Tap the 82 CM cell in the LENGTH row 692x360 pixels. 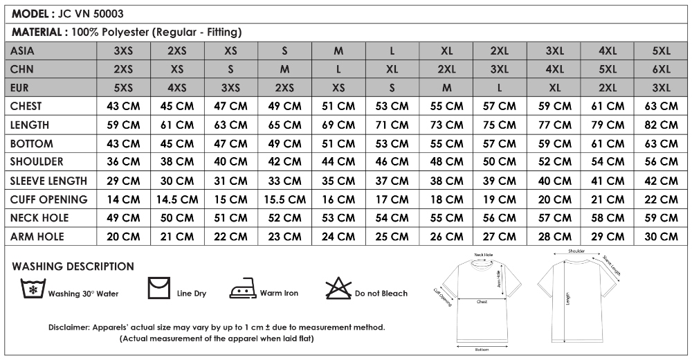[x=661, y=125]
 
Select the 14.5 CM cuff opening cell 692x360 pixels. [x=177, y=199]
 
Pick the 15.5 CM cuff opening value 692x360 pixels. [x=285, y=199]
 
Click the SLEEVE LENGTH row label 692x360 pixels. [x=48, y=181]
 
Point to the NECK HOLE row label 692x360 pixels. [x=39, y=218]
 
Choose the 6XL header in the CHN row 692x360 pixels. [x=661, y=69]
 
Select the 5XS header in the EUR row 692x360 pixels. [x=123, y=88]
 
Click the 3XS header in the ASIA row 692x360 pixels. [x=123, y=51]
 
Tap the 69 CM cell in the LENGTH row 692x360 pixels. [x=338, y=125]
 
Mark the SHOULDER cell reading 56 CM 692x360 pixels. [x=661, y=162]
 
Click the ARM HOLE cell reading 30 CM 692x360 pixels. [x=661, y=237]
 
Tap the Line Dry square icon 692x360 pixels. [x=158, y=287]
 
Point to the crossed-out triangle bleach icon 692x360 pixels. [x=339, y=288]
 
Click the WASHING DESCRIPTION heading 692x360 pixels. [x=73, y=267]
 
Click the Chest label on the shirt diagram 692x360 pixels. [x=482, y=303]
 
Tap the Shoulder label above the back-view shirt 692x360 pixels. [x=576, y=251]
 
